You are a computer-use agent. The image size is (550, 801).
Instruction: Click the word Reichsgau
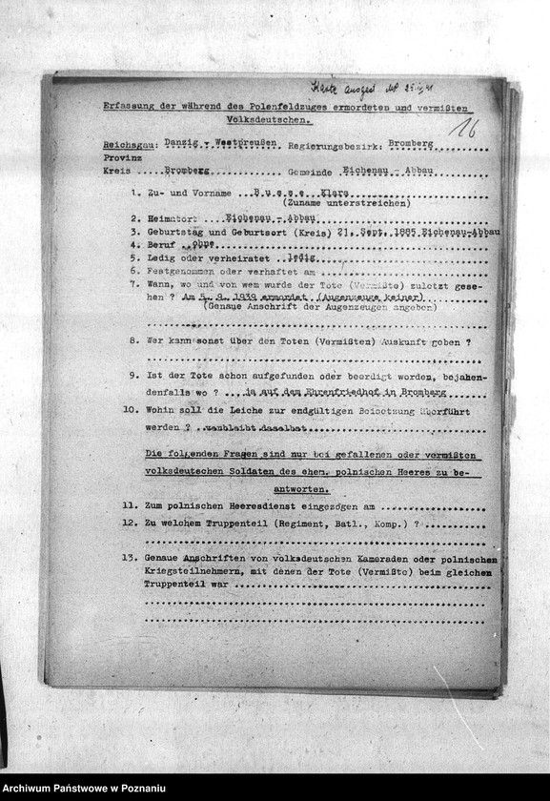(x=128, y=146)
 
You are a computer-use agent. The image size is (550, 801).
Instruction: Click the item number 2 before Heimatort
(x=135, y=217)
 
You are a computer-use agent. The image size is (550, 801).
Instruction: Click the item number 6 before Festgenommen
(x=135, y=271)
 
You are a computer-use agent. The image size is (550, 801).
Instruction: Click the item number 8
(x=135, y=340)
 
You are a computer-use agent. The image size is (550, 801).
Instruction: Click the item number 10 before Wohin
(x=132, y=412)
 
